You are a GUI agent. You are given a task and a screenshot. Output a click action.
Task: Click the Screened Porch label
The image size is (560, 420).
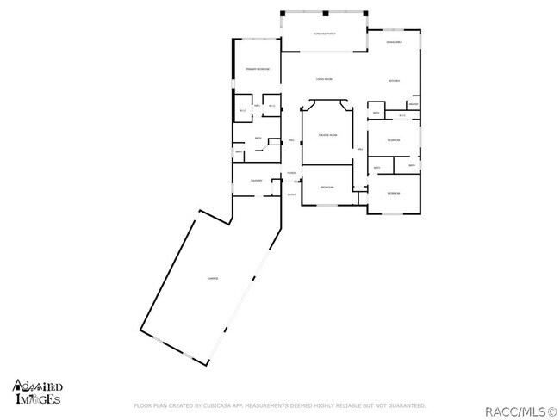[x=324, y=33]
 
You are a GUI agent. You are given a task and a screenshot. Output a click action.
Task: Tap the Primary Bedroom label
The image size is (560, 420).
[x=258, y=69]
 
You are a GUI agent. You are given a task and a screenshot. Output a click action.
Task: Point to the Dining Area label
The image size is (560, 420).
[x=395, y=42]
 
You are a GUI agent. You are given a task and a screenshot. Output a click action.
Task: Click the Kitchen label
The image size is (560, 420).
[x=395, y=82]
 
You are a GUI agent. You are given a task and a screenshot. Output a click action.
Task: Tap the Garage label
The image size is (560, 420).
[x=211, y=279]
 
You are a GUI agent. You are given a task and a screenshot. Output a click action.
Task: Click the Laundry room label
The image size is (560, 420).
[x=256, y=181]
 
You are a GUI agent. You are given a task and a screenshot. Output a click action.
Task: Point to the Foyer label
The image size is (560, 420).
[x=291, y=174]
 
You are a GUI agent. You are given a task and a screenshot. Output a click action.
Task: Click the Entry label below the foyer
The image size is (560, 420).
[x=291, y=195]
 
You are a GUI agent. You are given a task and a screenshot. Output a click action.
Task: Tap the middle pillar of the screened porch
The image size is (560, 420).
[x=326, y=14]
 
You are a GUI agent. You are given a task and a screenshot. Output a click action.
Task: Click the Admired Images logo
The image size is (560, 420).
[x=36, y=392]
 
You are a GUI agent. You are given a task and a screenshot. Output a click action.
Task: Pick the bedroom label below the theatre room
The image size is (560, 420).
[x=327, y=188]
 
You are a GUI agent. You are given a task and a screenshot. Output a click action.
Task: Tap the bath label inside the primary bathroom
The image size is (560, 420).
[x=258, y=138]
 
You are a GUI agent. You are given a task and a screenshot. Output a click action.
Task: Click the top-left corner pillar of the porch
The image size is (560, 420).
[x=284, y=14]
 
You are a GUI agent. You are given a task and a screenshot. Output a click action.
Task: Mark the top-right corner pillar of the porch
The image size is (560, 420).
[x=368, y=14]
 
